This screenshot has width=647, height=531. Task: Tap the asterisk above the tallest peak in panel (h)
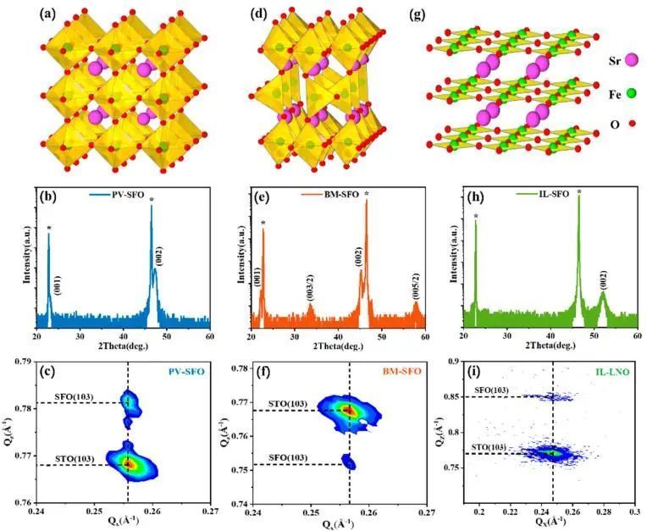click(x=579, y=192)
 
